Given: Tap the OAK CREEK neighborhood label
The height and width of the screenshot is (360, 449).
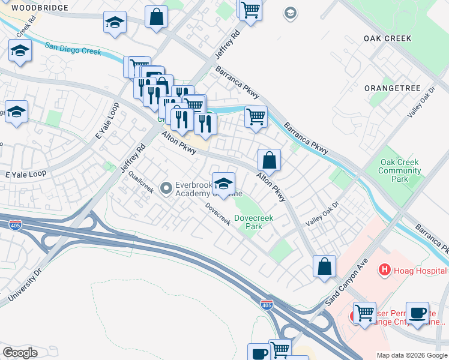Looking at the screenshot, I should pyautogui.click(x=387, y=38).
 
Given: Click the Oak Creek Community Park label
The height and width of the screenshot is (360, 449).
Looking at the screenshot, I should pyautogui.click(x=399, y=170).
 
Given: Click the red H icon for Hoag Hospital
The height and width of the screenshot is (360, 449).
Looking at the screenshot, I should pyautogui.click(x=384, y=271).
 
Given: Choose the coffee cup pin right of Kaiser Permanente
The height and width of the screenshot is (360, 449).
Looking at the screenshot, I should pyautogui.click(x=417, y=313).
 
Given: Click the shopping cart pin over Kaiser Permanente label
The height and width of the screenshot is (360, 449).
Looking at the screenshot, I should pyautogui.click(x=364, y=313).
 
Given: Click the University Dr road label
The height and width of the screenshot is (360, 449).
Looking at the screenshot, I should pyautogui.click(x=24, y=286).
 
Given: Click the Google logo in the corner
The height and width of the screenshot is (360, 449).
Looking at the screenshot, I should pyautogui.click(x=20, y=353).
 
